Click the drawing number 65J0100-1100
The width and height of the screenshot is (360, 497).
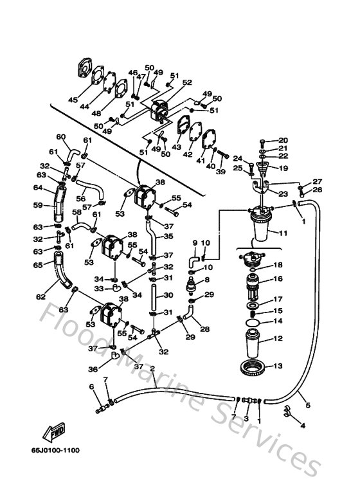tap(55, 450)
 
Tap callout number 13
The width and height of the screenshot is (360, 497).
tap(278, 366)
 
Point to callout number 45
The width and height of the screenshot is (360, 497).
tap(73, 100)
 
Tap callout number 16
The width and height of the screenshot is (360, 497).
tap(278, 279)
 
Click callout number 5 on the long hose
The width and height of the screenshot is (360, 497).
tap(307, 406)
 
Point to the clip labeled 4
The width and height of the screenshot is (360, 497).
tap(287, 415)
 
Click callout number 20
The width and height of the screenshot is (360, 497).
tap(283, 140)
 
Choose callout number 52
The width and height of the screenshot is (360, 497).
tap(187, 82)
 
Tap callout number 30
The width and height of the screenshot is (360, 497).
tap(168, 295)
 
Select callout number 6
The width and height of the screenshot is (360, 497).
tap(91, 386)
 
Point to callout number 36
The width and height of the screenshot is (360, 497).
tap(93, 369)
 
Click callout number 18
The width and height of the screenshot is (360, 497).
tap(278, 265)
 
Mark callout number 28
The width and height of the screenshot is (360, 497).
tap(205, 329)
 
